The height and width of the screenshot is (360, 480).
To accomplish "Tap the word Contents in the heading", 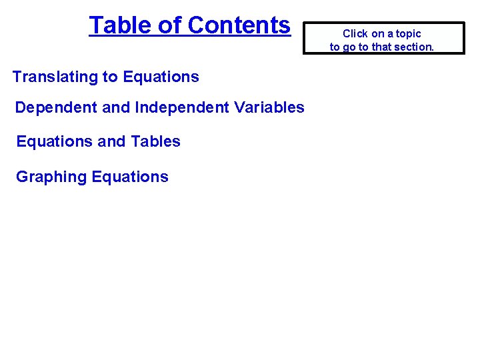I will [239, 25].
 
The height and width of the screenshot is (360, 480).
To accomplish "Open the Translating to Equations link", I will [105, 77].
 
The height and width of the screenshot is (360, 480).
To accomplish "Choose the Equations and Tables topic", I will [98, 141].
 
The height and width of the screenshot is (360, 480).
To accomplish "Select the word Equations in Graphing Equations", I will [130, 177].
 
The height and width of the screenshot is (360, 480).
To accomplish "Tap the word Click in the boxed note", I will [355, 33].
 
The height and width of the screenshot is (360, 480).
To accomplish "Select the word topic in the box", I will [407, 33].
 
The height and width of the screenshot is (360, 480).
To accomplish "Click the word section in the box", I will [413, 47].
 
